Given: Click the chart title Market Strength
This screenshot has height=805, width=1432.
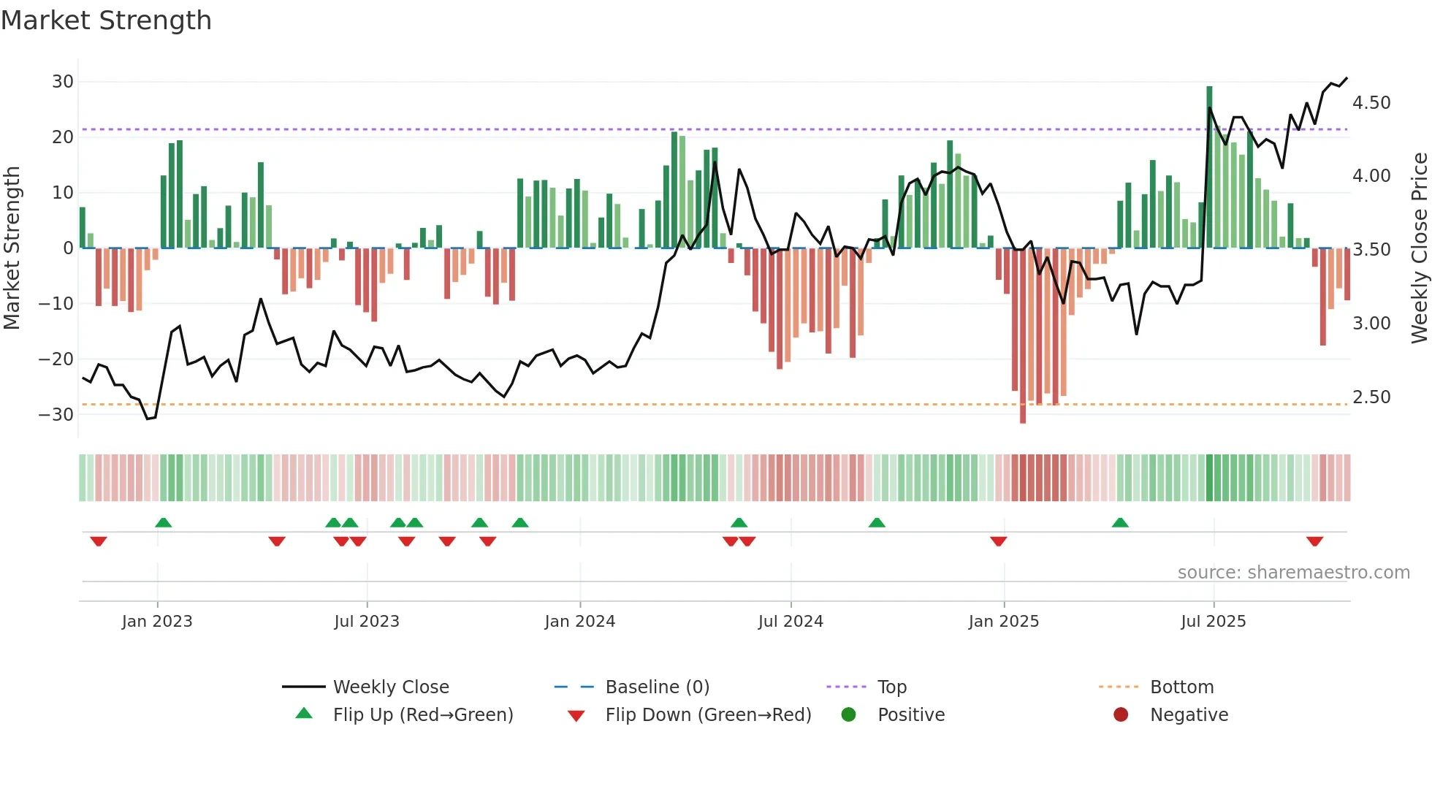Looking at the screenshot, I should click(x=106, y=20).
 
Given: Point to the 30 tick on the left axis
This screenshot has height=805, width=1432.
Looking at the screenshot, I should click(x=63, y=82).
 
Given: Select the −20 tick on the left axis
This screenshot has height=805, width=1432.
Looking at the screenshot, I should click(x=57, y=359).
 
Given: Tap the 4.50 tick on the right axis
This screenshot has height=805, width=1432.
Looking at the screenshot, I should click(x=1371, y=103).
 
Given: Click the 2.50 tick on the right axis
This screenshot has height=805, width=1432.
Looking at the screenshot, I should click(x=1371, y=397).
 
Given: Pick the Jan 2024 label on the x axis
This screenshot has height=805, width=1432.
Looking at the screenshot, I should click(x=579, y=622).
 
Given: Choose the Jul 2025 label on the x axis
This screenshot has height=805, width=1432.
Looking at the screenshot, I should click(x=1213, y=622).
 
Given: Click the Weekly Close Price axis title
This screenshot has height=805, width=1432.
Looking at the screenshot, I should click(x=1419, y=248).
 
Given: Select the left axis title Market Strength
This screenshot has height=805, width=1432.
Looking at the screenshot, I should click(x=12, y=248).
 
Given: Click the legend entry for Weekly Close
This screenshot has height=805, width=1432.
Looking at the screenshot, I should click(x=391, y=687).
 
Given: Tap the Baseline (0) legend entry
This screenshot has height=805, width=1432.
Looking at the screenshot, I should click(x=657, y=687).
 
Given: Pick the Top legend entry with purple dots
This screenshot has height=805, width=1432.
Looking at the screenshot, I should click(x=891, y=687).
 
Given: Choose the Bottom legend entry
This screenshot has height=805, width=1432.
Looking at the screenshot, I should click(x=1181, y=687).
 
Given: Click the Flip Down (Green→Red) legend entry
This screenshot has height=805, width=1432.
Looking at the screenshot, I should click(x=708, y=715).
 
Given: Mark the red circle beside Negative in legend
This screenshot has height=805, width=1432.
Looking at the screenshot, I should click(x=1121, y=715).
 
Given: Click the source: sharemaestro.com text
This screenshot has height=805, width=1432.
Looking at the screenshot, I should click(x=1293, y=573).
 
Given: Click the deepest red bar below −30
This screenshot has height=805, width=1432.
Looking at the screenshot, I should click(x=1023, y=336).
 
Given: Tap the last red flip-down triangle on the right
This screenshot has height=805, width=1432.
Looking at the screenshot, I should click(x=1314, y=541).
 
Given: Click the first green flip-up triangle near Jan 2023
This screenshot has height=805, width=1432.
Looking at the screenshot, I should click(x=164, y=522).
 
